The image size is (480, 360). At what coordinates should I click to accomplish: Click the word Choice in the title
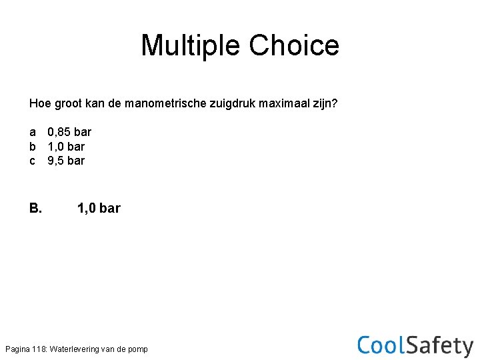[x=294, y=45]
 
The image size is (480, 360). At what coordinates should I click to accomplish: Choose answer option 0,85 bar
[x=69, y=132]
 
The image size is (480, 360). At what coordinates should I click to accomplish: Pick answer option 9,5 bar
[x=66, y=161]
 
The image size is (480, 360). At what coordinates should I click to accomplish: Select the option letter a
[x=33, y=132]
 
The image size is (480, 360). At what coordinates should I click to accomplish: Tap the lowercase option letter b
[x=33, y=146]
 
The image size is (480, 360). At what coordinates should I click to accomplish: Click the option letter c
[x=33, y=161]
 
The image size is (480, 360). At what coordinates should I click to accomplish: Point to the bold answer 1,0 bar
[x=99, y=208]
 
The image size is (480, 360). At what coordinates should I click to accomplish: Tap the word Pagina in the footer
[x=17, y=349]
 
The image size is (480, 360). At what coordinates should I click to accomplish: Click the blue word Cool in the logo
[x=381, y=345]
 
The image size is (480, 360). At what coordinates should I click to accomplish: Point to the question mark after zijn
[x=335, y=103]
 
